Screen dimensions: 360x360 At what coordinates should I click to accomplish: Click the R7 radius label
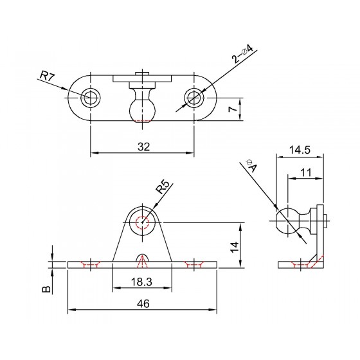(48, 76)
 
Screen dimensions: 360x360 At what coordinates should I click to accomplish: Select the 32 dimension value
(143, 147)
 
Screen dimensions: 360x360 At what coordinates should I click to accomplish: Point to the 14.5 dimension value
(300, 150)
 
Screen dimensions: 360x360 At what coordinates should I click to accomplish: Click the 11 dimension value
(306, 172)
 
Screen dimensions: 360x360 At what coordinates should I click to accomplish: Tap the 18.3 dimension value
(141, 282)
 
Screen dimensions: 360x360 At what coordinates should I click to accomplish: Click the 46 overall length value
(143, 303)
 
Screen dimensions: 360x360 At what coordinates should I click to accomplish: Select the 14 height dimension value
(235, 247)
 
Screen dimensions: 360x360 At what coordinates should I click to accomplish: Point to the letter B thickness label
(46, 289)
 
